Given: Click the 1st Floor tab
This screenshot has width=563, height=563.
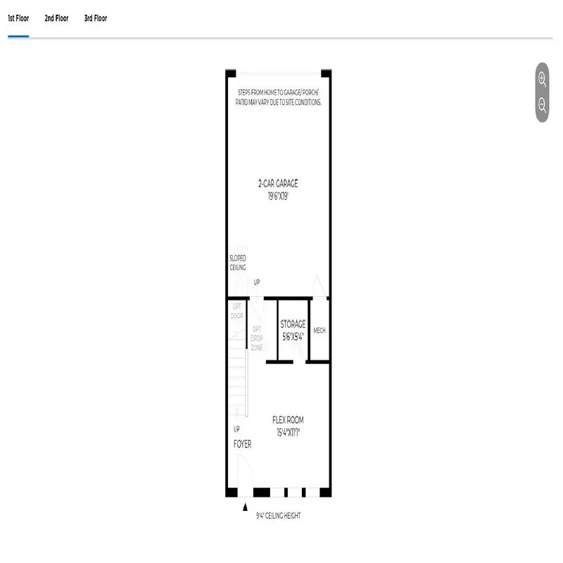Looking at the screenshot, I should (18, 18).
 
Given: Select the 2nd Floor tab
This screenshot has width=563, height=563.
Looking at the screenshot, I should (56, 18).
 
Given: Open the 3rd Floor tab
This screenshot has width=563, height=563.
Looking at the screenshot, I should (95, 18).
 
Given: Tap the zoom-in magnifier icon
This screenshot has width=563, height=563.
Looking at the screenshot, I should (542, 79).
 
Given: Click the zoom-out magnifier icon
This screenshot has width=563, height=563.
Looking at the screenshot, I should (542, 105).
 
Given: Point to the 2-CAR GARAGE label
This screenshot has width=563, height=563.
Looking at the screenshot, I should (278, 184).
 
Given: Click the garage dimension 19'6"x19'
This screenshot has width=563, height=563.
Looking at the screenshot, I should (278, 196).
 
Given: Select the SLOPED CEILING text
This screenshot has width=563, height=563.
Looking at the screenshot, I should (238, 262).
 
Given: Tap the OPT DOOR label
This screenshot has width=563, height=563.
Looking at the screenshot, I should (237, 311).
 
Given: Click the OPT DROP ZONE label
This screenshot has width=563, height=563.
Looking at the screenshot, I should (258, 339).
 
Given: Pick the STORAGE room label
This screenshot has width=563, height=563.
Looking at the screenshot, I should (293, 324).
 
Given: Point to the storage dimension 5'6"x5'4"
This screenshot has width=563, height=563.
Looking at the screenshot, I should (293, 336).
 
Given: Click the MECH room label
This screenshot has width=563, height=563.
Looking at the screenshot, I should (319, 331).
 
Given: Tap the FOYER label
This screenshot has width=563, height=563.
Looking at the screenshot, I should (242, 445).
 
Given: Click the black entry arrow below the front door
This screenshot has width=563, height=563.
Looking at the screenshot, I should (245, 506).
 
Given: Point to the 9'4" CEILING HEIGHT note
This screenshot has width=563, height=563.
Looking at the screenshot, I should (278, 516).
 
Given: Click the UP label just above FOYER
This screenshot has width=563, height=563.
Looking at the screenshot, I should (237, 429).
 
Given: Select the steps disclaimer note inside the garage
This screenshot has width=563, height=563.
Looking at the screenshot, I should (278, 97).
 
